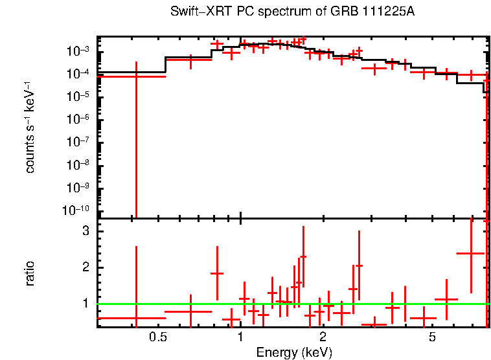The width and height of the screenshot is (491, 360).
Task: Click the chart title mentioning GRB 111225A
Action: [x=291, y=12]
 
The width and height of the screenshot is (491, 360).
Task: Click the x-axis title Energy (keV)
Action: [x=293, y=352]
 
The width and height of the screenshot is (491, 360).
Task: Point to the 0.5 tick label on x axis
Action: [x=157, y=337]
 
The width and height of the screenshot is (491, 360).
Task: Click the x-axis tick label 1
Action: [x=240, y=337]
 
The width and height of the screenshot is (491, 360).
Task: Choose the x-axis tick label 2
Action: [x=323, y=337]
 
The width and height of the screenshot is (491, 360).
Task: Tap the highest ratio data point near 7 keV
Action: [x=471, y=253]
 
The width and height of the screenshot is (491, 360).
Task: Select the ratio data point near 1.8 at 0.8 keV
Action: [x=217, y=273]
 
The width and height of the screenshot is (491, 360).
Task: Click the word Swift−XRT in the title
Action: [x=195, y=12]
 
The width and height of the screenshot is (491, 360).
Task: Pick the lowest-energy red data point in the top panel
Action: [x=136, y=76]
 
